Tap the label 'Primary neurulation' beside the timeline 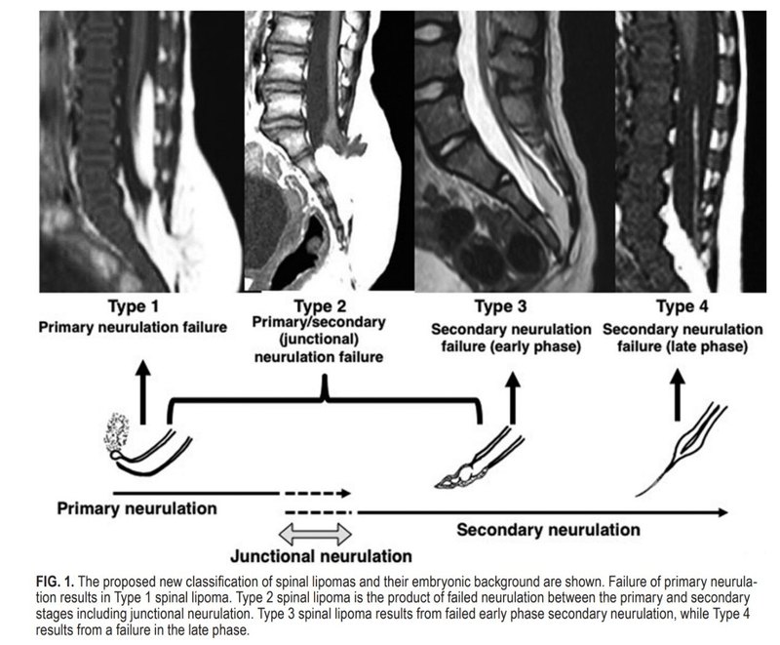tap(136, 508)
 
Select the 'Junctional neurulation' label tap(321, 557)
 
